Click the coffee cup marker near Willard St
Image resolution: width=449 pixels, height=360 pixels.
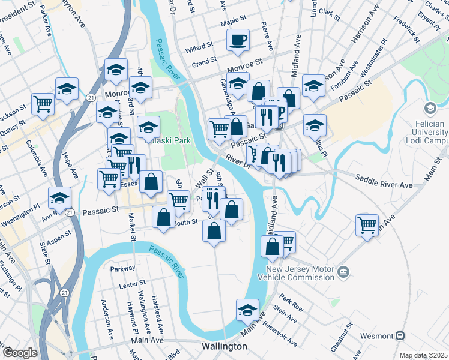(x=238, y=40)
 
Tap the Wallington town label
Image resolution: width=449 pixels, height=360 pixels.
(x=224, y=346)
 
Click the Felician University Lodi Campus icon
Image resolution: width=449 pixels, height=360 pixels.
(x=430, y=109)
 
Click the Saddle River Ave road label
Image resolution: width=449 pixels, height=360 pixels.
(x=384, y=182)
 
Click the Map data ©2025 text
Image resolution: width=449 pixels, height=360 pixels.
(x=424, y=355)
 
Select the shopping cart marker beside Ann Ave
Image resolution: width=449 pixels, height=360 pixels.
(x=367, y=226)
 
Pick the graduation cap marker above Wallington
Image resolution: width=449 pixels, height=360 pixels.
(x=247, y=310)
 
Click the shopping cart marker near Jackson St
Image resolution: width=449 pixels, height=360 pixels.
(x=43, y=104)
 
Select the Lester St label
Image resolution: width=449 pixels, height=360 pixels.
(x=135, y=281)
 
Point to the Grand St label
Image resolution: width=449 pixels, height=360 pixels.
(x=204, y=62)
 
